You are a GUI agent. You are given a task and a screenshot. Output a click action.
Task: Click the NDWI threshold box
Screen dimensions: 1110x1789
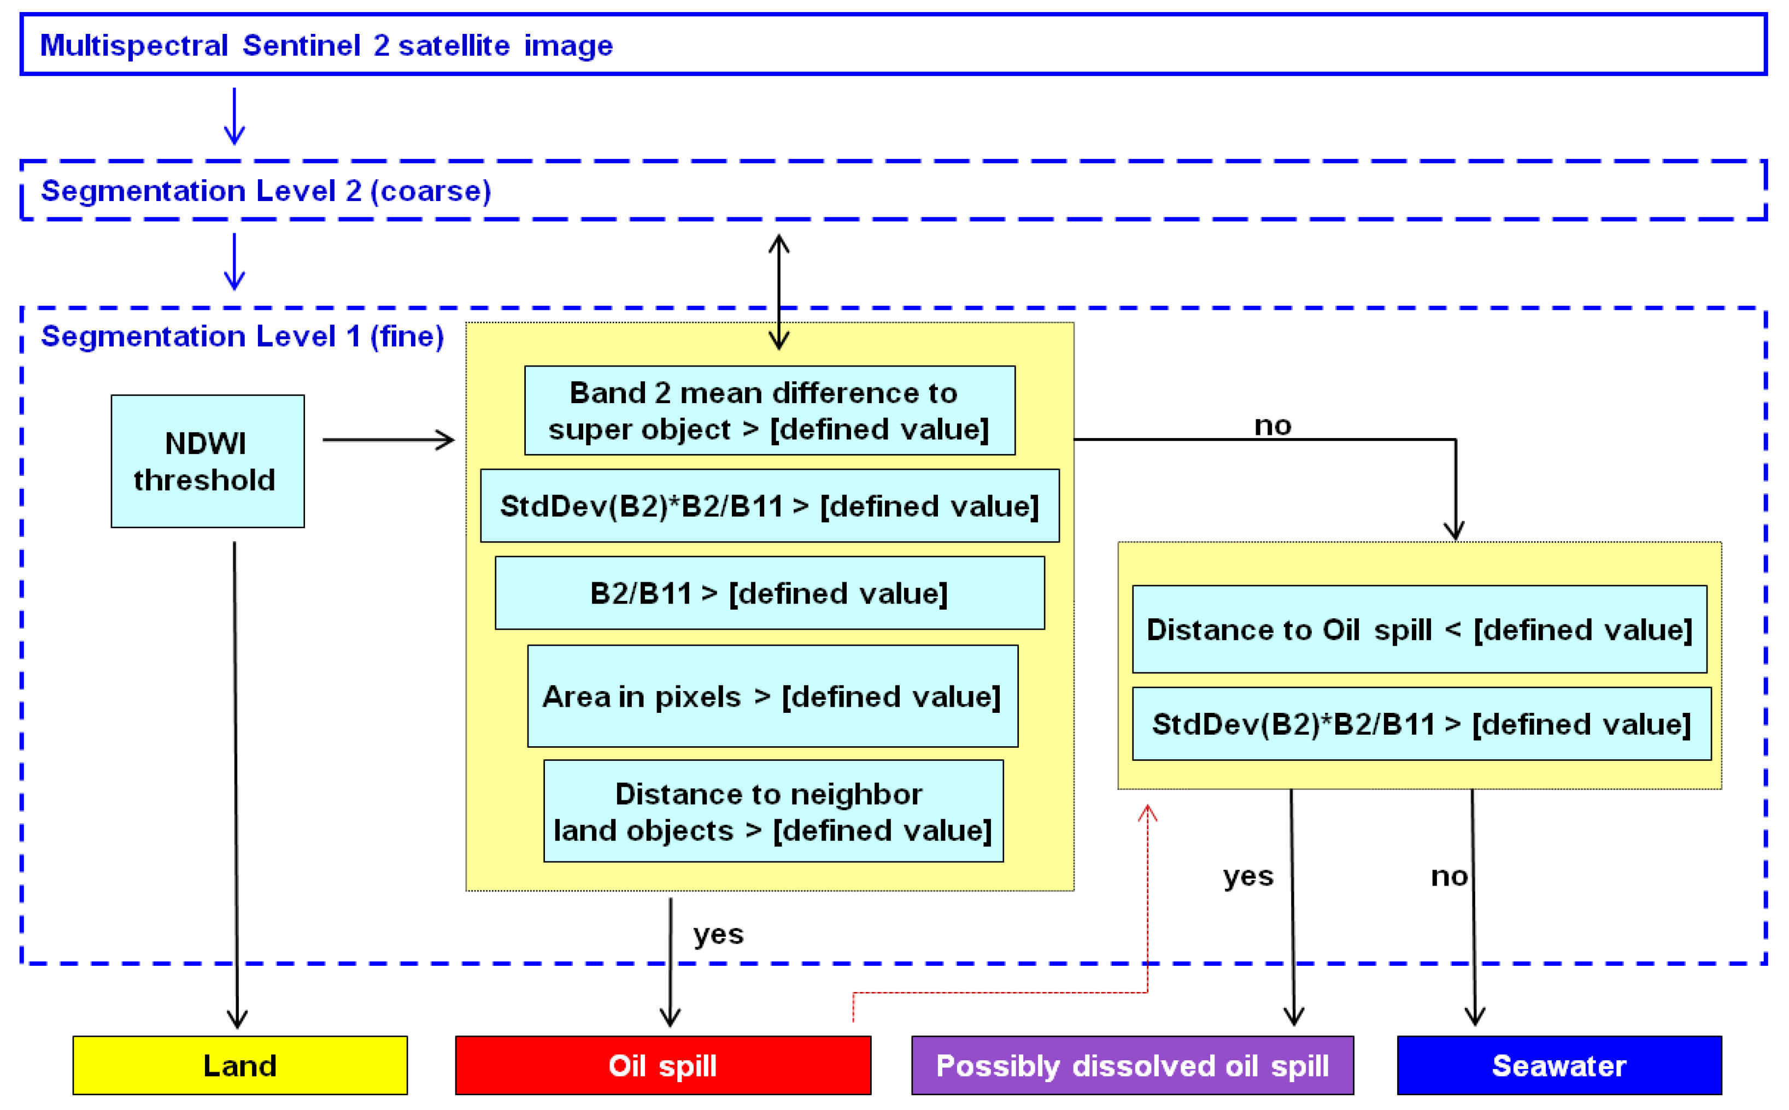pos(207,461)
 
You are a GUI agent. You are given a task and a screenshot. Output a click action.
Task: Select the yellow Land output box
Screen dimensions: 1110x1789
pos(239,1065)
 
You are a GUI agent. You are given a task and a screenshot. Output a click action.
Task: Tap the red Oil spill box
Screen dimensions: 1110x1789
pos(662,1065)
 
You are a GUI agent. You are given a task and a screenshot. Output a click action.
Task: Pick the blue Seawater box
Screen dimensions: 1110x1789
pos(1558,1065)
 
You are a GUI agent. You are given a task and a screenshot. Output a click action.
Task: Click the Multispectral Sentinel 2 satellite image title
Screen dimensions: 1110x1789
pos(326,45)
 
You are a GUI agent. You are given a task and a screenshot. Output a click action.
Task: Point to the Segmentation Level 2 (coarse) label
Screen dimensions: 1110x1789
pos(266,191)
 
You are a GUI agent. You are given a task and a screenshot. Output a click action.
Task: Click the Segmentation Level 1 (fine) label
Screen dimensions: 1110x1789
pos(242,336)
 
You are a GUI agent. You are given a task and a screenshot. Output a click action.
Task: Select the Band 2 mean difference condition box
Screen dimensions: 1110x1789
pos(769,410)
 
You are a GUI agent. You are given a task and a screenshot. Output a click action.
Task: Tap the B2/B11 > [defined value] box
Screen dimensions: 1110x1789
pos(769,593)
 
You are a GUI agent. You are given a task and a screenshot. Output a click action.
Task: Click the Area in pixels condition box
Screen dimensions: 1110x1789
pos(772,696)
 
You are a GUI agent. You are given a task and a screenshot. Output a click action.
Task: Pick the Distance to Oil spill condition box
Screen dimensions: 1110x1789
pos(1419,629)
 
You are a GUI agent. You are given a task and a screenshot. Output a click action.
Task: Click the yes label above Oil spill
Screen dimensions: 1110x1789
pos(718,934)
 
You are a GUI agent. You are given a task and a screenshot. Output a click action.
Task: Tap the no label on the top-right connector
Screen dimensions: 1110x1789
pos(1272,425)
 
